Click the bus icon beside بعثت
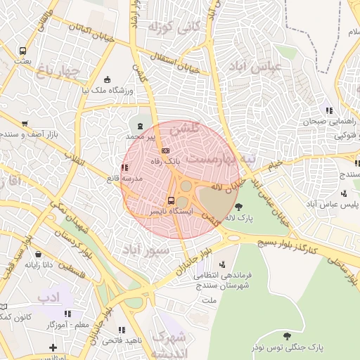pyautogui.click(x=23, y=51)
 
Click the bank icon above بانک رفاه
pyautogui.click(x=165, y=150)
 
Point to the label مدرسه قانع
pyautogui.click(x=124, y=179)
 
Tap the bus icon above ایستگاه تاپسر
pyautogui.click(x=171, y=201)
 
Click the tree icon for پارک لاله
pyautogui.click(x=239, y=207)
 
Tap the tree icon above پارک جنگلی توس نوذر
pyautogui.click(x=285, y=335)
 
